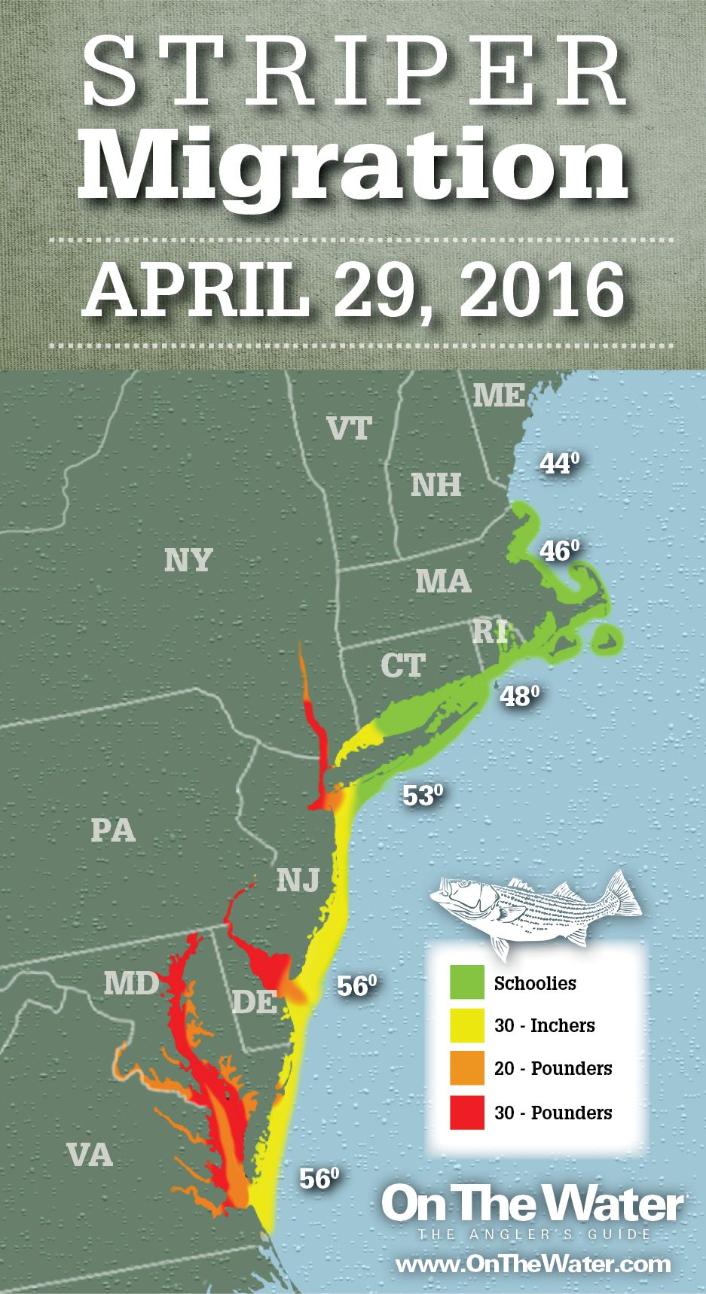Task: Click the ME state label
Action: click(x=498, y=394)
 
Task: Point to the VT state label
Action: click(x=350, y=428)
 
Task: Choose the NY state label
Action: click(x=188, y=559)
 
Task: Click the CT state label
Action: click(x=402, y=665)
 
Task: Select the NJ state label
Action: click(x=298, y=878)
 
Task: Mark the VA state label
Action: click(x=90, y=1154)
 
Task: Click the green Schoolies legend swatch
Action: click(x=467, y=983)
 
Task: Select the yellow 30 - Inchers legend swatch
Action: click(x=467, y=1026)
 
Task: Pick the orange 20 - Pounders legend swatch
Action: click(x=467, y=1069)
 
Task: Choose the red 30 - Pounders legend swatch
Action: click(x=467, y=1112)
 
